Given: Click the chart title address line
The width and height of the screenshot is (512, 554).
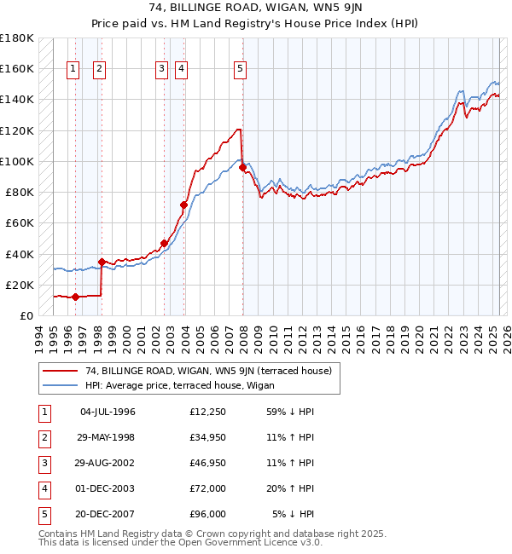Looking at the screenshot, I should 256,9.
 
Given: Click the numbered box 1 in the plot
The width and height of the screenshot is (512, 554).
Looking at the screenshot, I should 73,70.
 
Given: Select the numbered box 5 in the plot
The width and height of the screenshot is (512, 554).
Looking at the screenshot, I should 240,70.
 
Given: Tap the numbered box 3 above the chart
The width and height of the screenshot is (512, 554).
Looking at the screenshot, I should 161,70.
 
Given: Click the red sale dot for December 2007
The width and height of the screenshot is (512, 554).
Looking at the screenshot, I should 242,168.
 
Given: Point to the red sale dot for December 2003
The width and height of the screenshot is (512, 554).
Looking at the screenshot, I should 183,205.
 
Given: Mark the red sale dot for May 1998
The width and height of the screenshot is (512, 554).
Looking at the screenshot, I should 102,262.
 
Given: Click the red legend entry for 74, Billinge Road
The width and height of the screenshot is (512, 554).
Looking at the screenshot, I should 213,370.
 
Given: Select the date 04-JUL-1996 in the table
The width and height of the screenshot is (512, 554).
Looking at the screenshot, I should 108,412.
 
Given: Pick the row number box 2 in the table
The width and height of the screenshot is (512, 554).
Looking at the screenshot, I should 42,437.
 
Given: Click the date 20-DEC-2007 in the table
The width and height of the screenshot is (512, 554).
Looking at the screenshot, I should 108,514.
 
